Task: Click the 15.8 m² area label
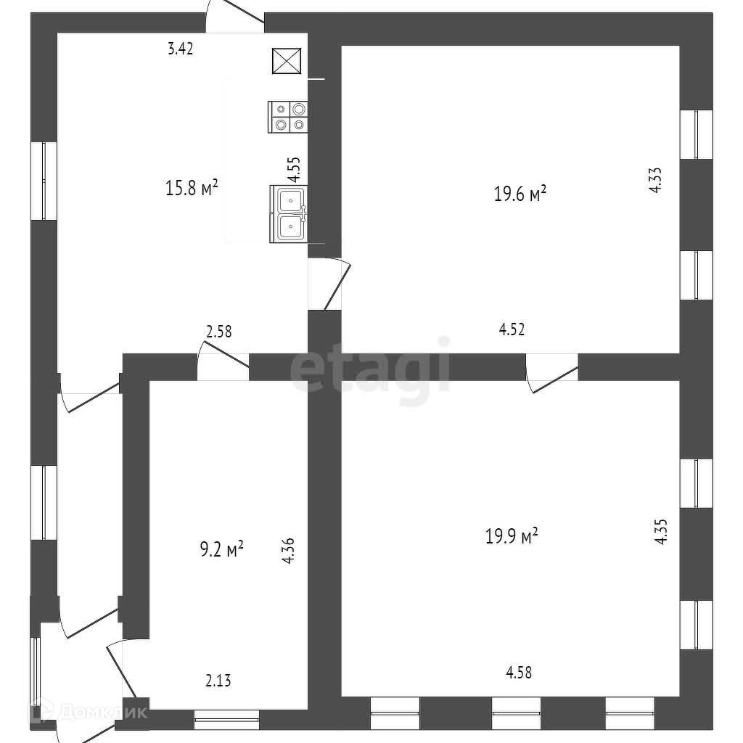[192, 189]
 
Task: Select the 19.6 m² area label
[520, 194]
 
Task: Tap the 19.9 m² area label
[512, 536]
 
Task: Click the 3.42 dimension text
[180, 49]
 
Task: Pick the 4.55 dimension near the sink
[294, 169]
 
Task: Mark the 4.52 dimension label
[512, 329]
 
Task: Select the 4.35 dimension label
[660, 530]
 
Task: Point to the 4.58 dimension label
[519, 673]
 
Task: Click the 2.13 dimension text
[218, 681]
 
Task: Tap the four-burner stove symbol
[289, 117]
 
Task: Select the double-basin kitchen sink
[290, 213]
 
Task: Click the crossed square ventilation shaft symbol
[286, 61]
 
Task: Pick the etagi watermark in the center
[370, 370]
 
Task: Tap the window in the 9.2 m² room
[226, 718]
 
